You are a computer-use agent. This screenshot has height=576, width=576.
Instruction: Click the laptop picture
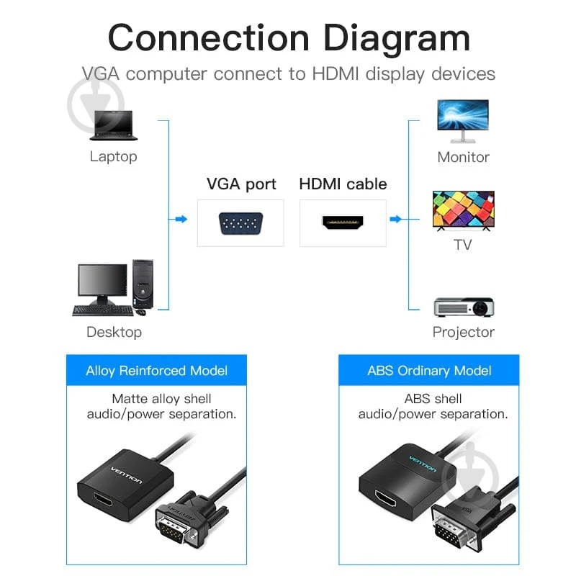[x=114, y=125]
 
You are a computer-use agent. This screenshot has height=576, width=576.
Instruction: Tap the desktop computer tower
[x=143, y=284]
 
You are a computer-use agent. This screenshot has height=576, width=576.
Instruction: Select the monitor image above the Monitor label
[x=463, y=121]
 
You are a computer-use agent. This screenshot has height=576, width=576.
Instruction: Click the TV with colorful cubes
[x=464, y=210]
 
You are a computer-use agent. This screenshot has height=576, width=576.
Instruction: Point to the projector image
[x=464, y=307]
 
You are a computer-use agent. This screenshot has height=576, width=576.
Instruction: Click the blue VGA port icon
[x=240, y=223]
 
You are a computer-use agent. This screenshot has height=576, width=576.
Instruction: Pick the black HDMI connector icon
[x=343, y=222]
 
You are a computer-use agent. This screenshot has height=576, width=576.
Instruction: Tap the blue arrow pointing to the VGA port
[x=181, y=220]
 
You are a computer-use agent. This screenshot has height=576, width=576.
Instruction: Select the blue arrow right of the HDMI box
[x=395, y=220]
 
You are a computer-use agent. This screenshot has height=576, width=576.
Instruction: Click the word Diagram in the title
[x=397, y=39]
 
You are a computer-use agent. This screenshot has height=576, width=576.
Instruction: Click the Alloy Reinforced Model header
[x=156, y=370]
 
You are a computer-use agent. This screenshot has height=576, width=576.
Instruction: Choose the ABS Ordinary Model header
[x=428, y=370]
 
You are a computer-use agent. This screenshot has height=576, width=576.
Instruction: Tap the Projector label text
[x=463, y=332]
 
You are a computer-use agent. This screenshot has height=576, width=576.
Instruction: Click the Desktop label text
[x=114, y=332]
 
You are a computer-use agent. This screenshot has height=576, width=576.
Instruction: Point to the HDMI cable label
[x=343, y=184]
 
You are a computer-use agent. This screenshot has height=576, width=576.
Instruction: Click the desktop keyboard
[x=103, y=310]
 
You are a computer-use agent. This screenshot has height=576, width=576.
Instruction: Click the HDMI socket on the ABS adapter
[x=386, y=498]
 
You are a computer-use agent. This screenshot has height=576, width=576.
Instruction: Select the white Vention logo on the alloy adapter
[x=127, y=475]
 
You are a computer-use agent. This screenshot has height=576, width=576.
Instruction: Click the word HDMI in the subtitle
[x=335, y=74]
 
